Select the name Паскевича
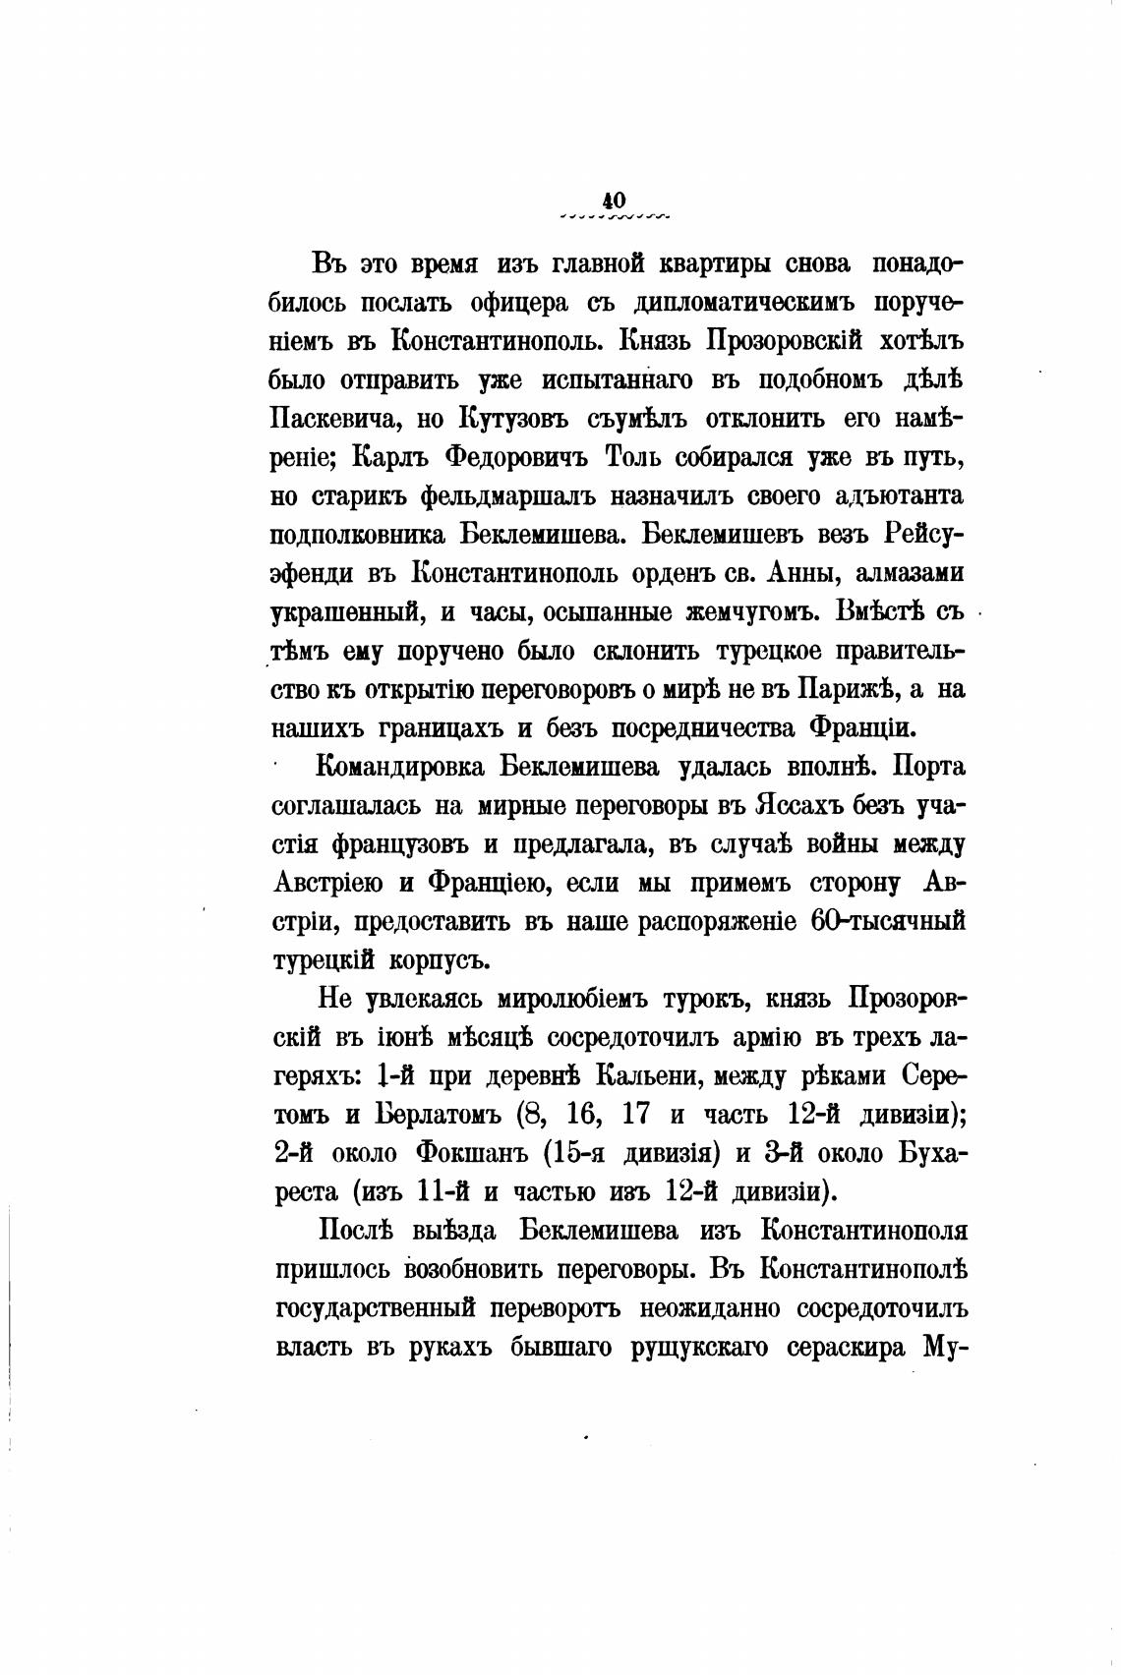(331, 420)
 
